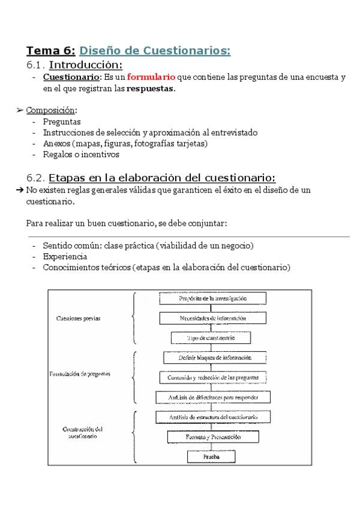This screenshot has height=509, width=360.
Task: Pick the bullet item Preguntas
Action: tap(62, 121)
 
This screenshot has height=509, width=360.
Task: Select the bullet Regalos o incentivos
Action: tap(81, 154)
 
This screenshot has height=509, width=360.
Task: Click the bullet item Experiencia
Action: tap(65, 256)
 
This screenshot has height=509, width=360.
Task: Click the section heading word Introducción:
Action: tap(86, 64)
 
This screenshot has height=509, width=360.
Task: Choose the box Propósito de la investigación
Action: tap(212, 298)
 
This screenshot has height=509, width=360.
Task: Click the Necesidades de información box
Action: tap(212, 318)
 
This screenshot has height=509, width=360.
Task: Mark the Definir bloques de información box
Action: tap(214, 358)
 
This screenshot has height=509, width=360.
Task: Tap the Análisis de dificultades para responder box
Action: tap(213, 397)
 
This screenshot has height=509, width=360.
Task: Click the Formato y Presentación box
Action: tap(213, 437)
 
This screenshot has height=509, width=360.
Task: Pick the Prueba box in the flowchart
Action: tap(211, 457)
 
